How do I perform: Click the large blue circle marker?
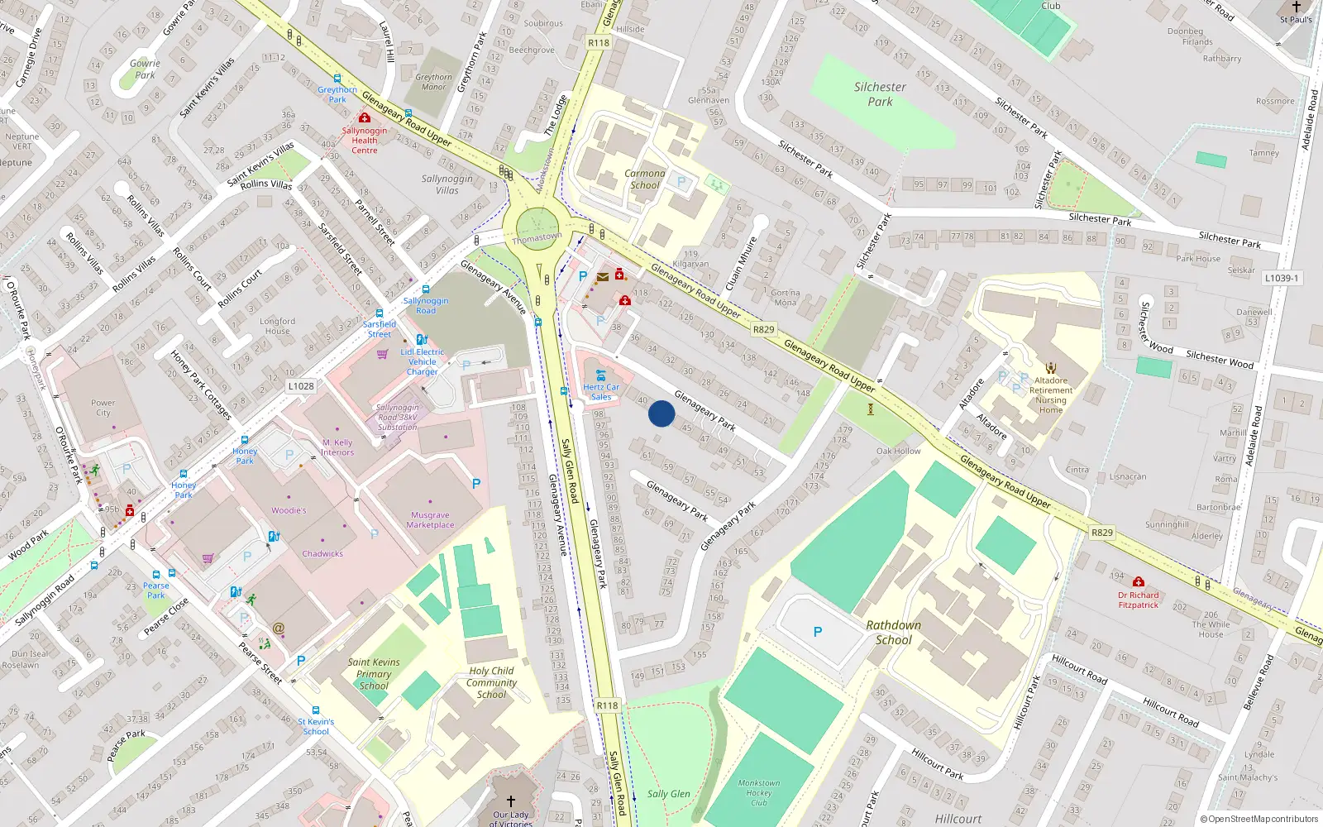(661, 413)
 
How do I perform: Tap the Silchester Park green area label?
(880, 94)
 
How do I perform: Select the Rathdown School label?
(893, 633)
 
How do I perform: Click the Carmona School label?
(645, 179)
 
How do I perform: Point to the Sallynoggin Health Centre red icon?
(364, 118)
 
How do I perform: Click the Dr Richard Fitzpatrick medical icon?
(1139, 582)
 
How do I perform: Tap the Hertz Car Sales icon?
(601, 375)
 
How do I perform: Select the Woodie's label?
(289, 510)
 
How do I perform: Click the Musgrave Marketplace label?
(430, 520)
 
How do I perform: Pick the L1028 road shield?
(301, 386)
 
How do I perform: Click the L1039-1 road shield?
(1281, 278)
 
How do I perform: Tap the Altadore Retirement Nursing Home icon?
(1051, 368)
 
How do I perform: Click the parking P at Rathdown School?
(818, 632)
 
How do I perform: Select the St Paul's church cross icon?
(1297, 7)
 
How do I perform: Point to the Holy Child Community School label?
(491, 682)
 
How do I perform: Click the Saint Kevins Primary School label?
(374, 673)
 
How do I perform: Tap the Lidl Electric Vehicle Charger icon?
(422, 339)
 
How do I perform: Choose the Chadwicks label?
(322, 554)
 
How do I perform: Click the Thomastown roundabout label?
(537, 237)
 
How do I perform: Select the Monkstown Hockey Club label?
(759, 792)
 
